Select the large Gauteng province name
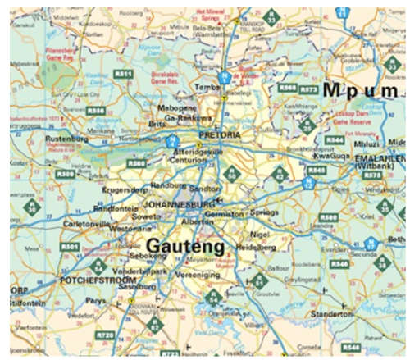click(180, 244)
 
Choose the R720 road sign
click(104, 335)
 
